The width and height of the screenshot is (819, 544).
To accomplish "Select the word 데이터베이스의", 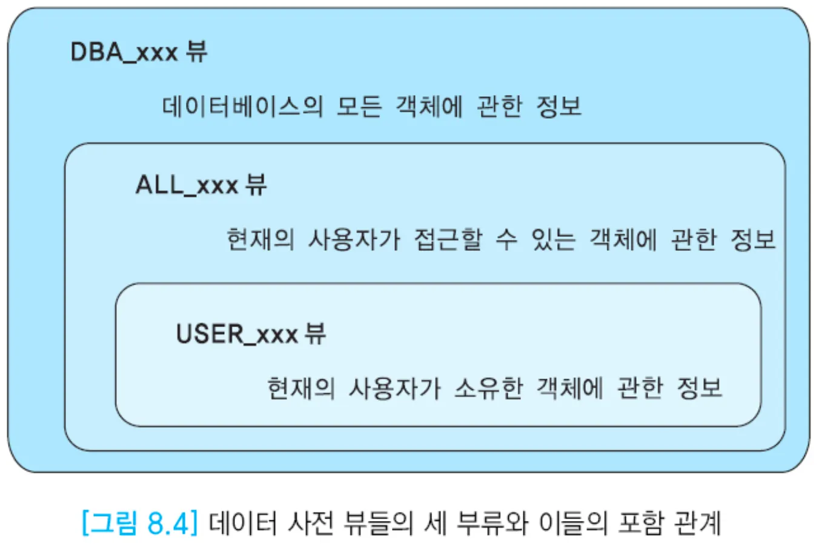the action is [242, 107].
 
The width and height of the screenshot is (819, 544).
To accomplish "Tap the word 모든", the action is [359, 107].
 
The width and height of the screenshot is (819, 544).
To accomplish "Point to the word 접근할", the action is [448, 239].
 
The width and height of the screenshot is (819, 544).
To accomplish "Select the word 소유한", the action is [488, 388].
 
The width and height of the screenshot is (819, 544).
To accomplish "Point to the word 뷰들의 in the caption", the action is [378, 522].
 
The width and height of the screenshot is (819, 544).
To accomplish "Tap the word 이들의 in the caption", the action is [572, 522].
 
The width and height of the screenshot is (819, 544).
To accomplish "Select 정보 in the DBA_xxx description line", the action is [559, 107].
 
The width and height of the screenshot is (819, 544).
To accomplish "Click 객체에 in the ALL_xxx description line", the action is [623, 239].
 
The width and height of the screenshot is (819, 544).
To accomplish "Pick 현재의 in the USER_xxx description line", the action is [301, 388].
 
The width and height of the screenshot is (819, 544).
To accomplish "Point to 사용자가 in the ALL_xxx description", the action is [354, 239].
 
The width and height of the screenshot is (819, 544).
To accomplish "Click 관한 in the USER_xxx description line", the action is [640, 388].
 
